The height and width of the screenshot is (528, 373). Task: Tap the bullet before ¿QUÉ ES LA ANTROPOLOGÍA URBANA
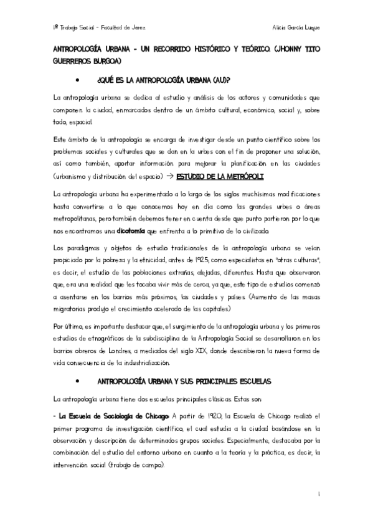tap(77, 80)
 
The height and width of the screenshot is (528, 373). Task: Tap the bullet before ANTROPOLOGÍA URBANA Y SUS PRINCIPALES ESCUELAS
tap(77, 380)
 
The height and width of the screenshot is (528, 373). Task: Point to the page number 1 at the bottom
tap(319, 494)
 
